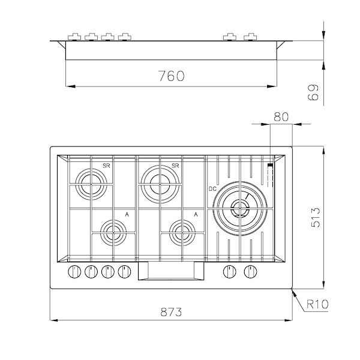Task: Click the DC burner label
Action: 212,189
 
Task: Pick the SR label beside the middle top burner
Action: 176,166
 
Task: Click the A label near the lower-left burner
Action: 126,214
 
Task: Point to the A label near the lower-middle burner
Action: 196,214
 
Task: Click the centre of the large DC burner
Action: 239,208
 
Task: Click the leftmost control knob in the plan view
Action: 74,271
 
